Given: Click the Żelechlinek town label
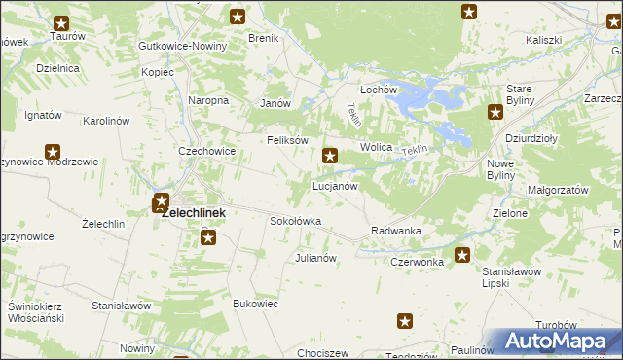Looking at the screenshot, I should [194, 212].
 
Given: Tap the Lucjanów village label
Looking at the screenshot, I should [335, 185].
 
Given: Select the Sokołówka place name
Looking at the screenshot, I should [295, 221].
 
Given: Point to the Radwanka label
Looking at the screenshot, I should [395, 231].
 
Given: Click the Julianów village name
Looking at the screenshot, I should [315, 258].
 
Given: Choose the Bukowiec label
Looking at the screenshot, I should [256, 304].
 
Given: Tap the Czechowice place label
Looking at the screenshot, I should [206, 151].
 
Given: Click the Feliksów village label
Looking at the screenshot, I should [288, 140].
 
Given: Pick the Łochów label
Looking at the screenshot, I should [380, 90].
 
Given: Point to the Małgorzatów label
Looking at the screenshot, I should [559, 189].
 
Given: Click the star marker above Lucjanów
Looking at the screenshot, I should [331, 155].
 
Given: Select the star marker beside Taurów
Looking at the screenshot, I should [62, 23].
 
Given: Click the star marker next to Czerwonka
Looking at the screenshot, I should [462, 255].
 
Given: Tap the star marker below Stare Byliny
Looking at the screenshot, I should [494, 112].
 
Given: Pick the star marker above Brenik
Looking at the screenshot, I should [238, 16].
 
